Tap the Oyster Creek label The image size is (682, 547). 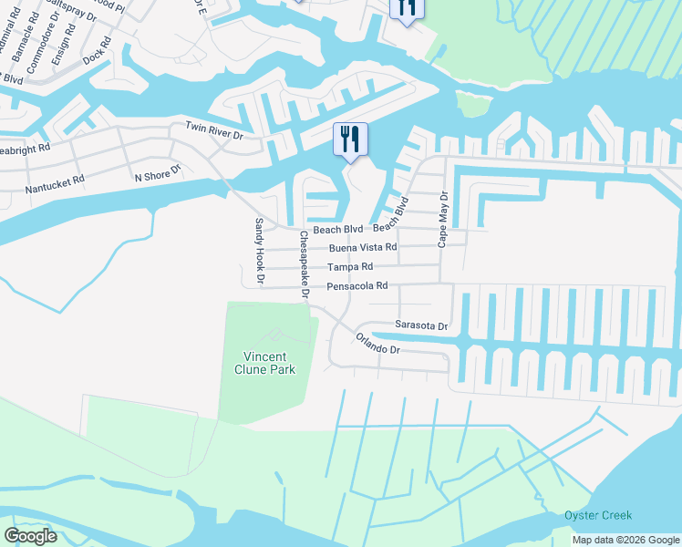[598, 515]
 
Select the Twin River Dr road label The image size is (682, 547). [214, 134]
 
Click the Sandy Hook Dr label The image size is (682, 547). [259, 252]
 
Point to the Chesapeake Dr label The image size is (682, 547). [304, 265]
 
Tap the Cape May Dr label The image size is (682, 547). [443, 219]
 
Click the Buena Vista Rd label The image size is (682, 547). [363, 247]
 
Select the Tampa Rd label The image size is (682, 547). [351, 267]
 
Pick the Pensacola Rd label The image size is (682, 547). [358, 286]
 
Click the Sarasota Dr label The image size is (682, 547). [421, 325]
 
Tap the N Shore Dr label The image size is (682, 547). [159, 174]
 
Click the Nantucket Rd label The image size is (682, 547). [55, 181]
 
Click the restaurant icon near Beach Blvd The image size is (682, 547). [350, 140]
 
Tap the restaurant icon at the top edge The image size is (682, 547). [406, 7]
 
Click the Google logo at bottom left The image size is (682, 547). [30, 536]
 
